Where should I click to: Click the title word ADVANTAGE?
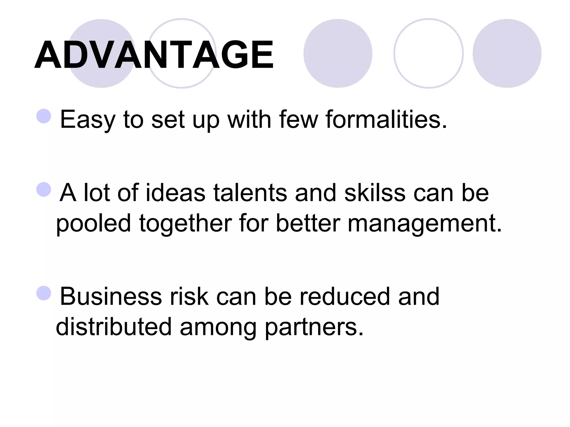point(154,54)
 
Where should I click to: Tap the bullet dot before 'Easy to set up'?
point(44,116)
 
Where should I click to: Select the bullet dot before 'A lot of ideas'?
point(44,190)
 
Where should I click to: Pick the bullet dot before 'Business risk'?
point(44,293)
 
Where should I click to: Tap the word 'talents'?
point(250,193)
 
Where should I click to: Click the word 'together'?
point(185,224)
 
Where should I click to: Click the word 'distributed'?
point(114,327)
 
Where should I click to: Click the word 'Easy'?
point(87,120)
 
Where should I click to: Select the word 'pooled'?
point(94,224)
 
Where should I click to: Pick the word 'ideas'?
point(175,193)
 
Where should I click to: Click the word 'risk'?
point(189,297)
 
